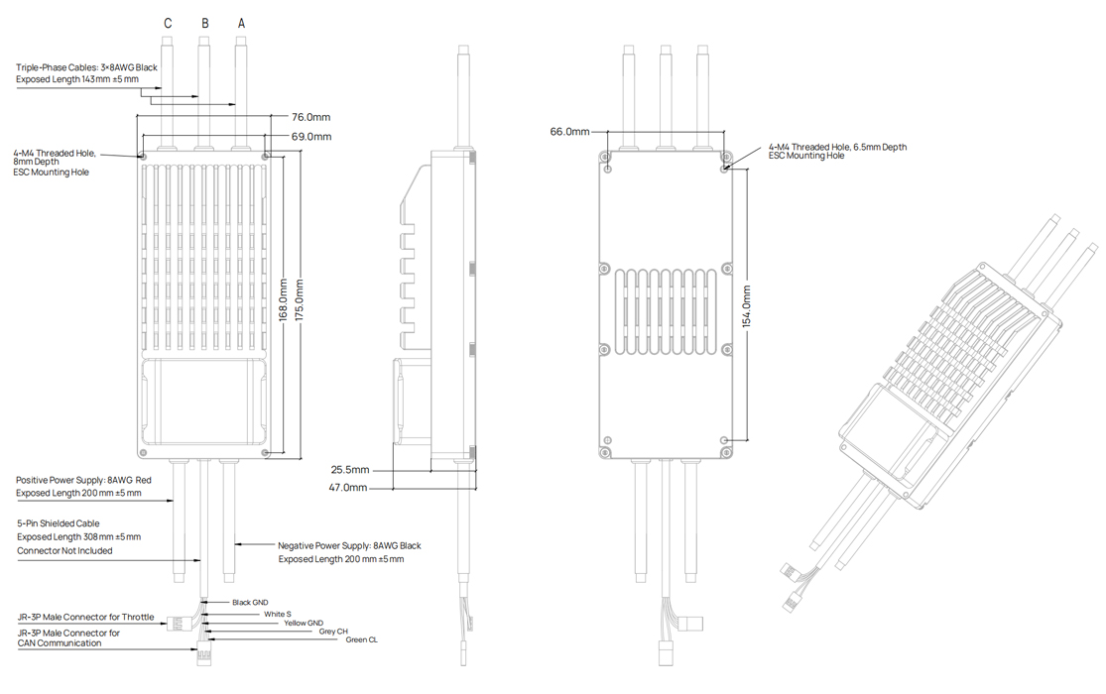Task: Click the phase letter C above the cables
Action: [168, 23]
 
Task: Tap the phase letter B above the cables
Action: [204, 23]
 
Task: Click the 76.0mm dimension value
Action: [310, 117]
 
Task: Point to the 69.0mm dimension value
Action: [310, 136]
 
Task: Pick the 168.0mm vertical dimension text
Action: [283, 304]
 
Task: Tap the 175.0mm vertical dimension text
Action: [300, 304]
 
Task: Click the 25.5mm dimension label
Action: [349, 469]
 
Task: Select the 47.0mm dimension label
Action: [349, 488]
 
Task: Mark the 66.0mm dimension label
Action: [569, 132]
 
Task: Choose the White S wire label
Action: [278, 614]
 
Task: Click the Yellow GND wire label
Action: [304, 623]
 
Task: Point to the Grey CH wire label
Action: [333, 631]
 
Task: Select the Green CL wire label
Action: [361, 639]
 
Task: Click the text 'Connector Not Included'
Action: [64, 550]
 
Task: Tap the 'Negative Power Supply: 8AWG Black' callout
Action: [349, 545]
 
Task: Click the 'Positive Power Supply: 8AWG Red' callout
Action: [83, 480]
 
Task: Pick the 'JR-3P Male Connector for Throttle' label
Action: [85, 617]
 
